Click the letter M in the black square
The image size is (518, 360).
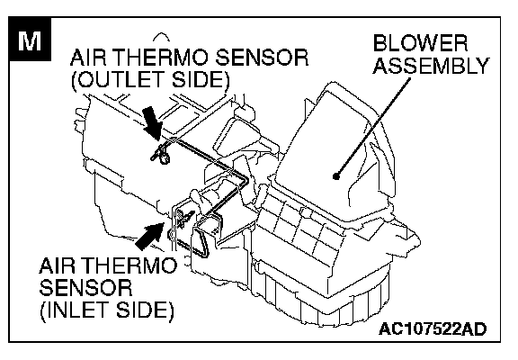30,41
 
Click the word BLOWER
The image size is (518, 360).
420,43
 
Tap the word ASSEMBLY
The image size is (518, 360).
431,66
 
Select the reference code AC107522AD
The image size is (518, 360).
433,328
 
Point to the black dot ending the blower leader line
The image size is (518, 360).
336,176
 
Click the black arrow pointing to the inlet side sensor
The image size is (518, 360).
149,236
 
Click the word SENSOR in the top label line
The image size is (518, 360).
262,58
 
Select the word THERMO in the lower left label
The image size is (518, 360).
132,265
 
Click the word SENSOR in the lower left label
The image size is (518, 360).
86,287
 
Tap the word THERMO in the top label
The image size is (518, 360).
162,58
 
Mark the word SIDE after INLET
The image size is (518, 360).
145,310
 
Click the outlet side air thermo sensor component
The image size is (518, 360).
162,155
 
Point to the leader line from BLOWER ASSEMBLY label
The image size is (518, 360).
373,127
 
